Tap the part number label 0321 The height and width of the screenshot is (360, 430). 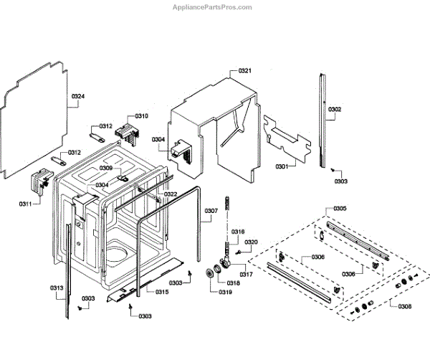click(244, 71)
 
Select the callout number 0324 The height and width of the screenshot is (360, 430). click(78, 96)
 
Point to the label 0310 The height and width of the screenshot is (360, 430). click(141, 116)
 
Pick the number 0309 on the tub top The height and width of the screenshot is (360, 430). click(106, 169)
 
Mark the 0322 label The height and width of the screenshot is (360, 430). click(171, 194)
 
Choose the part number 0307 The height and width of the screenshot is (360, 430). click(211, 211)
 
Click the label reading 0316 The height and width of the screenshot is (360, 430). click(239, 232)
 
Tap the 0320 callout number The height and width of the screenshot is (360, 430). click(250, 242)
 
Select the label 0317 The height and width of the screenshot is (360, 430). click(246, 275)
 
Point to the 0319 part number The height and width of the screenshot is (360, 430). click(225, 292)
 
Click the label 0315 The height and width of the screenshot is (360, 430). click(163, 292)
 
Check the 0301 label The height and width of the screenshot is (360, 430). click(282, 167)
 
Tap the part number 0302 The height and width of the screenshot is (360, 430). click(335, 110)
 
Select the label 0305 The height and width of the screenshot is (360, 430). click(340, 209)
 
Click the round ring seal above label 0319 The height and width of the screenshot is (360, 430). click(212, 273)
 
